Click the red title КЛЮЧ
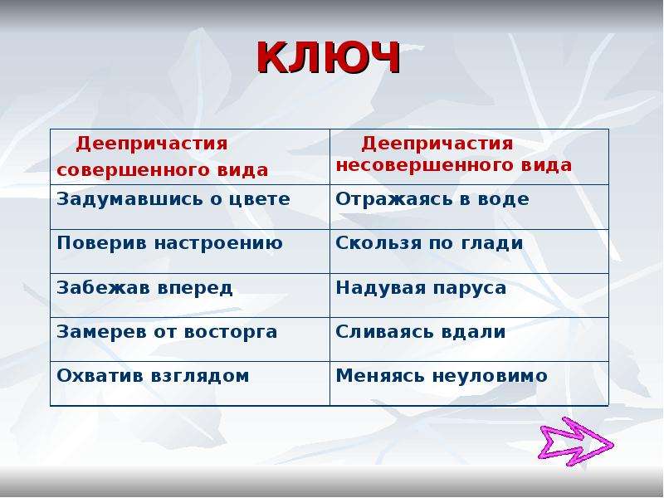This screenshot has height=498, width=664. [x=328, y=57]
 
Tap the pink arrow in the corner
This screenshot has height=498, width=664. [x=576, y=442]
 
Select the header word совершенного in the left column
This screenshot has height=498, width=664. [x=134, y=170]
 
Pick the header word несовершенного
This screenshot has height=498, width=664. [x=425, y=164]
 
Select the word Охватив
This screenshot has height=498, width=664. [x=100, y=376]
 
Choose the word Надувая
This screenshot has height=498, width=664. [x=380, y=288]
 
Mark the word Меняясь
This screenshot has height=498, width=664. [x=380, y=376]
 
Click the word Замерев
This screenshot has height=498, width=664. [x=101, y=331]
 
